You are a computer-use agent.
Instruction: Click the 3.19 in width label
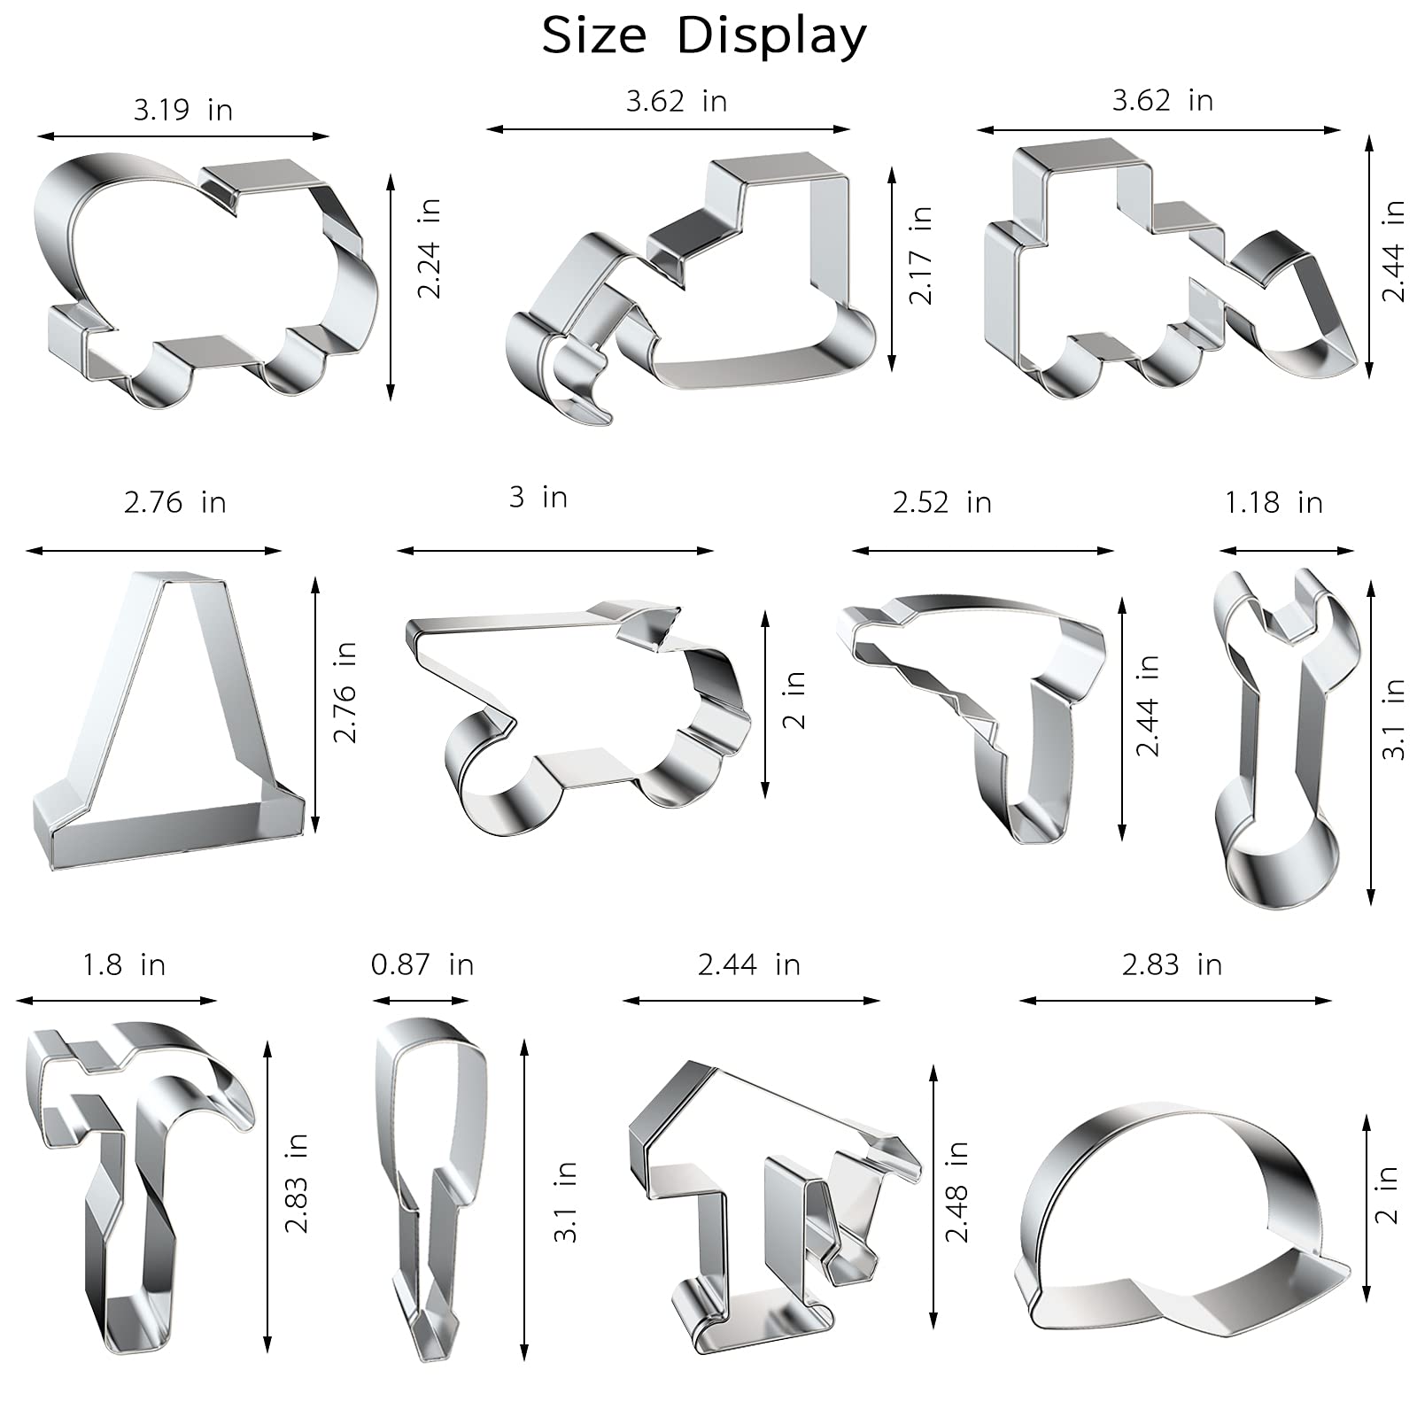coord(183,110)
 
